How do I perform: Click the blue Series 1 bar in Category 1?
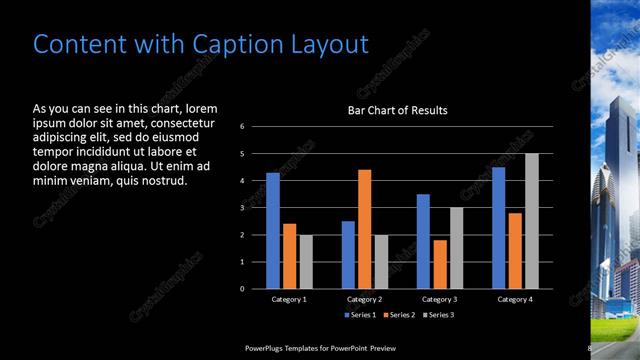tap(273, 231)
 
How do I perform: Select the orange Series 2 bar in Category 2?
tap(365, 229)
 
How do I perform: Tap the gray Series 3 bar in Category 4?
tap(532, 221)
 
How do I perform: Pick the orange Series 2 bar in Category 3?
tap(440, 264)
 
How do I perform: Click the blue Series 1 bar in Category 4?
tap(498, 228)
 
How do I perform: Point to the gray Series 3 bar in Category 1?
tap(306, 262)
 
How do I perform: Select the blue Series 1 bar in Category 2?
tap(348, 255)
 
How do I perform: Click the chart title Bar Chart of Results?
tap(397, 110)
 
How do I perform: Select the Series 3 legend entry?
tap(437, 315)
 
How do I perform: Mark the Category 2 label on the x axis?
tap(365, 299)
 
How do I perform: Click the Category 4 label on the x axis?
tap(515, 299)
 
